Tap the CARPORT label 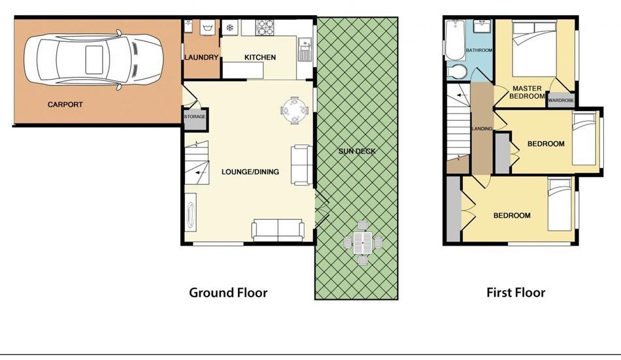(65, 105)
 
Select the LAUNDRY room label (201, 57)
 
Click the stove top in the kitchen (265, 27)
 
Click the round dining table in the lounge (294, 110)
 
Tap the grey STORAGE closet (195, 119)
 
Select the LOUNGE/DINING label (250, 172)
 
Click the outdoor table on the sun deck (363, 243)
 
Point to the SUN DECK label (357, 151)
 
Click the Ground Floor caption (228, 293)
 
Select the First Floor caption (516, 293)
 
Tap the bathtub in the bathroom (455, 40)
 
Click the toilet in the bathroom (457, 72)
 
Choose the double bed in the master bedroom (535, 48)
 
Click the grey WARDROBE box (561, 100)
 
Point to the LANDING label (482, 129)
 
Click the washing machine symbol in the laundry (207, 27)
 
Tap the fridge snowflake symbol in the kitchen (229, 27)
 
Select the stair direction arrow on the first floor (459, 95)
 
